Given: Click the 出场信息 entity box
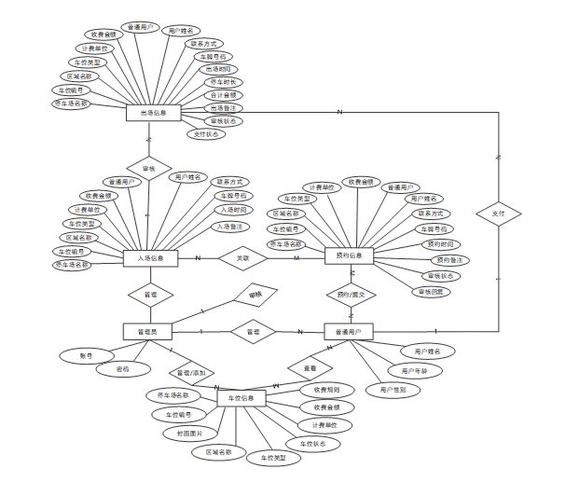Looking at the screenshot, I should (152, 112).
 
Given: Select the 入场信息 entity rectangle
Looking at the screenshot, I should (150, 258).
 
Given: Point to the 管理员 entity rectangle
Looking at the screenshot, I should (147, 331).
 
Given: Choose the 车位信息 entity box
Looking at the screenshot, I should (242, 398).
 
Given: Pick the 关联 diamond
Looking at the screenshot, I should (242, 258).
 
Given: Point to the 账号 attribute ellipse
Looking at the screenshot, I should (86, 355).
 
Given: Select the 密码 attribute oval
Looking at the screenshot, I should (122, 369).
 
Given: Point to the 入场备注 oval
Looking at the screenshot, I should (232, 227).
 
